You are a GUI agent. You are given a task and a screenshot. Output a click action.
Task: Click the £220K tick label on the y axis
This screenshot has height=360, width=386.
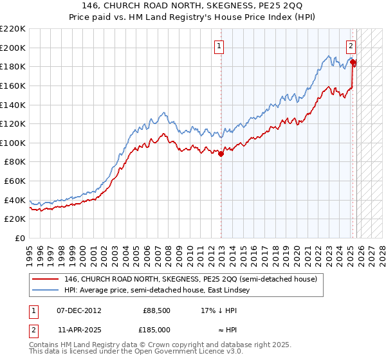pyautogui.click(x=13, y=29)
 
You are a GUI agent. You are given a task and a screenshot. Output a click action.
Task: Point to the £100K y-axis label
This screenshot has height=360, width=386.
pyautogui.click(x=13, y=143)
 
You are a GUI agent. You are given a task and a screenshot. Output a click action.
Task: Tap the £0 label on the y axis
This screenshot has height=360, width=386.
pyautogui.click(x=20, y=238)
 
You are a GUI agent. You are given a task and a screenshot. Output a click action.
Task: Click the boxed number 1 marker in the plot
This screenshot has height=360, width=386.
pyautogui.click(x=220, y=46)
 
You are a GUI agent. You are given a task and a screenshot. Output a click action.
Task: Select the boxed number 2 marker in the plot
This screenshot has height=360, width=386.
pyautogui.click(x=351, y=46)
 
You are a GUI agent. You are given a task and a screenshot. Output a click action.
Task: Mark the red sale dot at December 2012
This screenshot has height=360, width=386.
pyautogui.click(x=221, y=154)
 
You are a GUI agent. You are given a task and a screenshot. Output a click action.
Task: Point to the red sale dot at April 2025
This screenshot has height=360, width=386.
pyautogui.click(x=353, y=62)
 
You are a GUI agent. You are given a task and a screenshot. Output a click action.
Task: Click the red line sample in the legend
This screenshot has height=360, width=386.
pyautogui.click(x=45, y=280)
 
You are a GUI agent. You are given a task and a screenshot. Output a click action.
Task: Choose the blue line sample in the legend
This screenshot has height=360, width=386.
pyautogui.click(x=45, y=291)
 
